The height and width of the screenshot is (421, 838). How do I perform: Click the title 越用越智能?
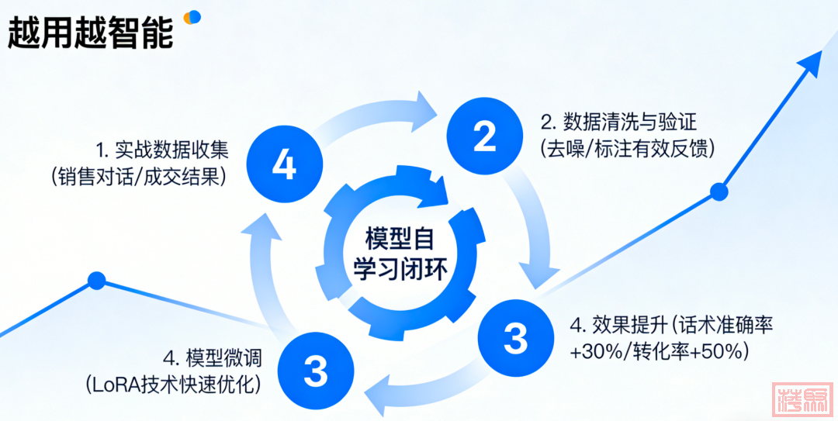[90, 32]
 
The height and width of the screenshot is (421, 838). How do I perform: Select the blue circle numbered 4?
[284, 163]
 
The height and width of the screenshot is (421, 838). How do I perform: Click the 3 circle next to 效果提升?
[515, 338]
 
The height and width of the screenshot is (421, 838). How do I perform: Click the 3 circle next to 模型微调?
[315, 370]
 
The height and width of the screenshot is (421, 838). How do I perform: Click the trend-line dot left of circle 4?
[96, 281]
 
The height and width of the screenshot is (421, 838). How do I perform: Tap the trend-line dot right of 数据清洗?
[719, 191]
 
